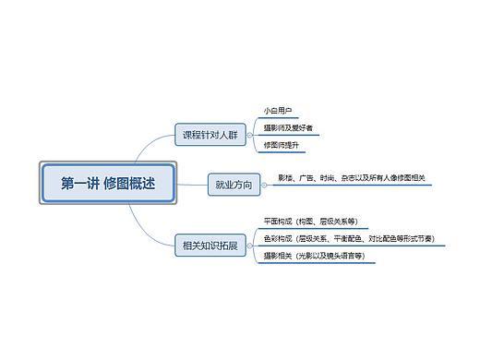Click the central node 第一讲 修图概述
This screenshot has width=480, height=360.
tap(107, 183)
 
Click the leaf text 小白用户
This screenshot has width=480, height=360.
tap(278, 110)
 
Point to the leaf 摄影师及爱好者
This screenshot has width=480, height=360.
tap(288, 127)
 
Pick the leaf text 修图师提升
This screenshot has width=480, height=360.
tap(281, 145)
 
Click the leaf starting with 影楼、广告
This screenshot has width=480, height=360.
tap(351, 177)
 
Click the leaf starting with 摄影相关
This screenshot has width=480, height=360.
tap(313, 255)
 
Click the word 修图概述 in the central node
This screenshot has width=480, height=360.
tap(130, 183)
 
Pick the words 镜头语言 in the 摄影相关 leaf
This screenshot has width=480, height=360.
tap(342, 255)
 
